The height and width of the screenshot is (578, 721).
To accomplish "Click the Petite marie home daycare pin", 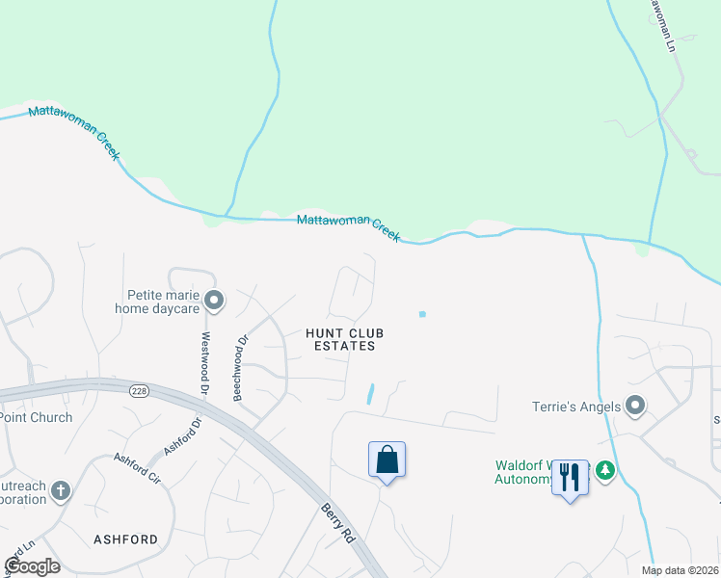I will (215, 302).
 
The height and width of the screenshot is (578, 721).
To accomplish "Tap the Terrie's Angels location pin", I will (635, 406).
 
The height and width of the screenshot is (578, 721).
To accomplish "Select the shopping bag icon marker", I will (387, 460).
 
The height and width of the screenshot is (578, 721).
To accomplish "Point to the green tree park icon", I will (605, 470).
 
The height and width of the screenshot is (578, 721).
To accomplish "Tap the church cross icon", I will (60, 491).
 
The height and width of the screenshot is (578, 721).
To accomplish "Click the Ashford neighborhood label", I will (125, 539).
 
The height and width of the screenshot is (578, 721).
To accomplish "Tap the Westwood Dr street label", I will (204, 363).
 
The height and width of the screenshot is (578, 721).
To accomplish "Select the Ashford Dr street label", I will (182, 435).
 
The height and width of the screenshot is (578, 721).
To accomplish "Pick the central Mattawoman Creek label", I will (348, 226).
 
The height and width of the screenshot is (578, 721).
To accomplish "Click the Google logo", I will (32, 566).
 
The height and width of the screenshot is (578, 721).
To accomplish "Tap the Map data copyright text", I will (681, 570).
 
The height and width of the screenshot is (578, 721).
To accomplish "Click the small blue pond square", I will (422, 313).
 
